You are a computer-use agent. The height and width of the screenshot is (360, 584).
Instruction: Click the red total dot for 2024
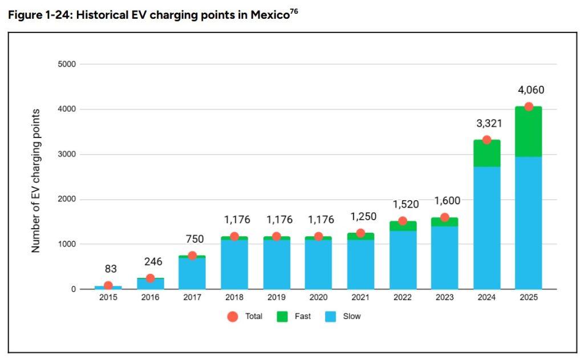tap(486, 140)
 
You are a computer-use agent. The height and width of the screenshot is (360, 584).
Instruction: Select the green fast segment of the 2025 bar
tap(529, 132)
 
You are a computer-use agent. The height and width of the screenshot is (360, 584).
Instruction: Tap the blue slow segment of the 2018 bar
tap(234, 264)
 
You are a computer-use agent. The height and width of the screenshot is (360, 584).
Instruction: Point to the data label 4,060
tap(531, 90)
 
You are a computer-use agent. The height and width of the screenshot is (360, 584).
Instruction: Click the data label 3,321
tap(489, 123)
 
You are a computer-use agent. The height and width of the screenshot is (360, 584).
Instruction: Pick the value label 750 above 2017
tap(195, 239)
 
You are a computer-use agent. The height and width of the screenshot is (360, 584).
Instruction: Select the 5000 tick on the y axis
tap(67, 64)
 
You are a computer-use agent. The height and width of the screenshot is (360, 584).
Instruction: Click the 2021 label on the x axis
tap(360, 297)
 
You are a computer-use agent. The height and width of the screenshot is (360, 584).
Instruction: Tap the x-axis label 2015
tap(108, 297)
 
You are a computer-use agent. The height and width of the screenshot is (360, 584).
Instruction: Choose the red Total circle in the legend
tap(233, 317)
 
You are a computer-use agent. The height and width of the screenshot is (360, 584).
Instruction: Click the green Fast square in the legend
tap(282, 317)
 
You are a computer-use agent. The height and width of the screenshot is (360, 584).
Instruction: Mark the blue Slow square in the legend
tap(330, 317)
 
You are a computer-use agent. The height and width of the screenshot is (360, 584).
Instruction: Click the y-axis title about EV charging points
tap(35, 181)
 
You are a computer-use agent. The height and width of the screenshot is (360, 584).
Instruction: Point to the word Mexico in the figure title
tap(270, 15)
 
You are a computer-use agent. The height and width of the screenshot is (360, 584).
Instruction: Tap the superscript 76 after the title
tap(294, 11)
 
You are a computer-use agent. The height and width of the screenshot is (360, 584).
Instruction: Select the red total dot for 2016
tap(150, 278)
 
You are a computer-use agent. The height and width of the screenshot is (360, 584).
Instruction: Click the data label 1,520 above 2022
tap(406, 204)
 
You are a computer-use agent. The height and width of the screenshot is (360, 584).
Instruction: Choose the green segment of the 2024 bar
tap(487, 153)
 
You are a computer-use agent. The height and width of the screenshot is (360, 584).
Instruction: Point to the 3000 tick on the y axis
tap(67, 154)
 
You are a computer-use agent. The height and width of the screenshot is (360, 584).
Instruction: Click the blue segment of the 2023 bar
tap(445, 258)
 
